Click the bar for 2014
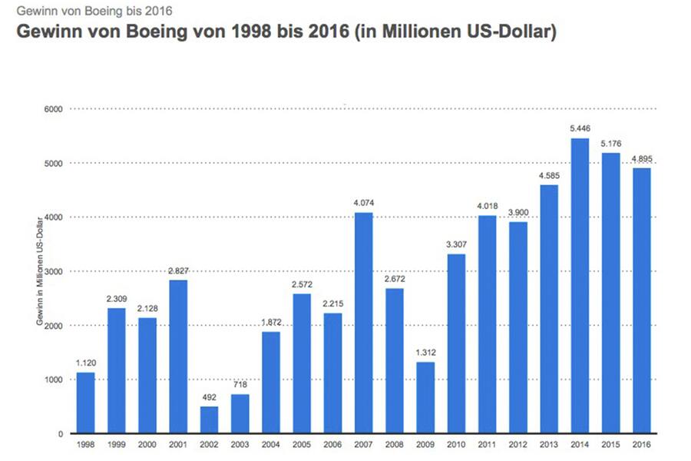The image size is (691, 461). point(580,286)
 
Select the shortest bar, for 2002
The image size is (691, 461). point(209,420)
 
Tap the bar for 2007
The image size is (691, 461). point(363,323)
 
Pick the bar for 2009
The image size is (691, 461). point(425,397)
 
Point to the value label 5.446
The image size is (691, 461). point(580,128)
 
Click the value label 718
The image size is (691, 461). point(240,384)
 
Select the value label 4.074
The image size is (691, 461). point(363,203)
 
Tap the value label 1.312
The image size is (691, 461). point(425,352)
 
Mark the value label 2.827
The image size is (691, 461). point(178,270)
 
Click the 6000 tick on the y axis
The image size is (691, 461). point(53,109)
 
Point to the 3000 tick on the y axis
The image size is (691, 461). point(53,271)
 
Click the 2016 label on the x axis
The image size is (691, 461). point(641,445)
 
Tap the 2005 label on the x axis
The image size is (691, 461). point(302,445)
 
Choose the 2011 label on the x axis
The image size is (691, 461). point(487,445)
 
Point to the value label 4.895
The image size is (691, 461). point(641,158)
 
